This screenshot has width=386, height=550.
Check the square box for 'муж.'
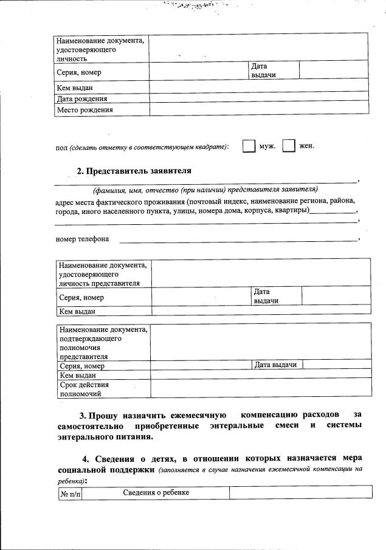point(249,146)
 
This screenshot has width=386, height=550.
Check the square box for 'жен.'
point(289,146)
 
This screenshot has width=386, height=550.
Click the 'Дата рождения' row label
point(82,98)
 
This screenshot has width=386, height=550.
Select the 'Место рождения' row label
point(84,110)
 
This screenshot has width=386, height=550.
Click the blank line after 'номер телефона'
point(237,240)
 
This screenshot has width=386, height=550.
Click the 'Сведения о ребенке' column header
point(156,492)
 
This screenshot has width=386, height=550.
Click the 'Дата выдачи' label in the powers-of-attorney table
point(275,365)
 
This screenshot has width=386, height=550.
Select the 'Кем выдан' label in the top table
point(75,88)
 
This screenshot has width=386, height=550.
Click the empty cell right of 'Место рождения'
point(259,109)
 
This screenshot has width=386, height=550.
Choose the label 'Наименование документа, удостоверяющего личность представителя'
point(103,274)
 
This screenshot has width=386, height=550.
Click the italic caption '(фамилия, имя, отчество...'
point(205,189)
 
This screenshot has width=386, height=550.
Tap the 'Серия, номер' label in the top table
point(79,72)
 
